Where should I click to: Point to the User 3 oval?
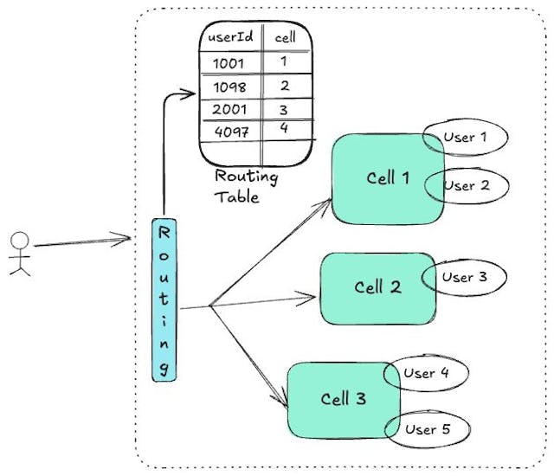pyautogui.click(x=463, y=278)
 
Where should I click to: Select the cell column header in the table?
pyautogui.click(x=285, y=38)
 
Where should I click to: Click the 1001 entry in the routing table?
pyautogui.click(x=229, y=63)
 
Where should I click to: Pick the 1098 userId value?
pyautogui.click(x=229, y=87)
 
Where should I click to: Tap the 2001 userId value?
pyautogui.click(x=229, y=110)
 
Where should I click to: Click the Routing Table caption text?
pyautogui.click(x=247, y=186)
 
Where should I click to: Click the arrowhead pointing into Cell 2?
pyautogui.click(x=312, y=298)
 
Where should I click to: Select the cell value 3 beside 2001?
pyautogui.click(x=283, y=110)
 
